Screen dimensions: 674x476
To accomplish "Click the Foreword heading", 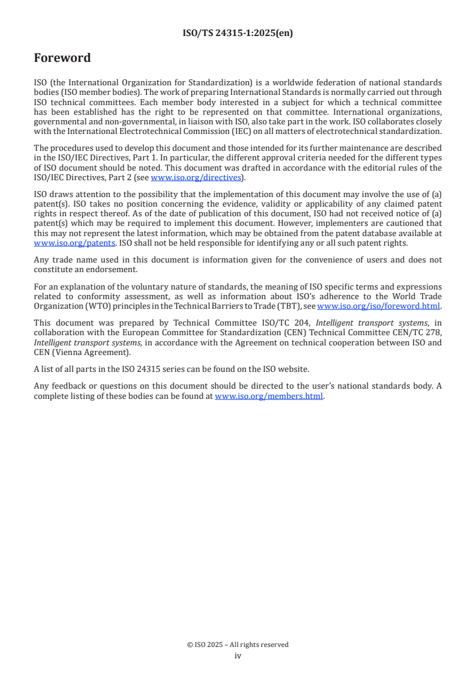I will point(62,58).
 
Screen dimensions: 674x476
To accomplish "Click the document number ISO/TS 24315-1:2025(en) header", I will point(238,34).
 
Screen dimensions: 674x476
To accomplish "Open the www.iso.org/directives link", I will point(196,177).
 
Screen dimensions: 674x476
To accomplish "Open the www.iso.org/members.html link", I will point(269,396).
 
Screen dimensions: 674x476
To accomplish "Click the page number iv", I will point(238,656).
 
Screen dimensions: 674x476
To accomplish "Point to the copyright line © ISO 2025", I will point(238,645).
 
